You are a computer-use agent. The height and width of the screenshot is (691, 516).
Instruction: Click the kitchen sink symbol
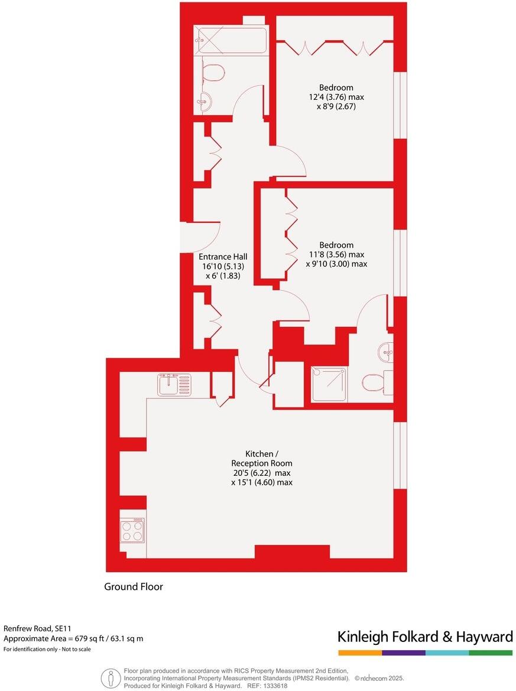pyautogui.click(x=174, y=385)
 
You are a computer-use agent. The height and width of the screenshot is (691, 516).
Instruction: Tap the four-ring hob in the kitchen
pyautogui.click(x=132, y=530)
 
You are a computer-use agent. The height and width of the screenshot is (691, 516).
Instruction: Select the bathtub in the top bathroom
pyautogui.click(x=231, y=40)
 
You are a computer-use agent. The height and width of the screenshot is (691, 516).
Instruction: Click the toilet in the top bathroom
pyautogui.click(x=213, y=73)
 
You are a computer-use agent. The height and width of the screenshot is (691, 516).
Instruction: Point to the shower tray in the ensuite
pyautogui.click(x=329, y=385)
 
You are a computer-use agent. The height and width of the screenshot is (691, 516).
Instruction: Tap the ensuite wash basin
pyautogui.click(x=386, y=353)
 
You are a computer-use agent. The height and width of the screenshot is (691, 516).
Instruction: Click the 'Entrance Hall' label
pyautogui.click(x=223, y=257)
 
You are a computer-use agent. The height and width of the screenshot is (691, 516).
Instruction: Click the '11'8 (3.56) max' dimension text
pyautogui.click(x=336, y=255)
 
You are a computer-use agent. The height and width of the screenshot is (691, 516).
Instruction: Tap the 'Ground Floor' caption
pyautogui.click(x=134, y=586)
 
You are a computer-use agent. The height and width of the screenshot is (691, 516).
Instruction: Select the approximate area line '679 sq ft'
pyautogui.click(x=73, y=638)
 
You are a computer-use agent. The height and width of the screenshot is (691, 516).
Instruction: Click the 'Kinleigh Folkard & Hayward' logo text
pyautogui.click(x=425, y=637)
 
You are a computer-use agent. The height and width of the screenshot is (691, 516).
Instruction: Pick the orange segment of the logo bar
pyautogui.click(x=360, y=653)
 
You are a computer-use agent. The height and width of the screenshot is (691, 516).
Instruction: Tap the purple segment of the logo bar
pyautogui.click(x=404, y=653)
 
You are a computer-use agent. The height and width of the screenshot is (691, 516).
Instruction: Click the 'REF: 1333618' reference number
pyautogui.click(x=267, y=686)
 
